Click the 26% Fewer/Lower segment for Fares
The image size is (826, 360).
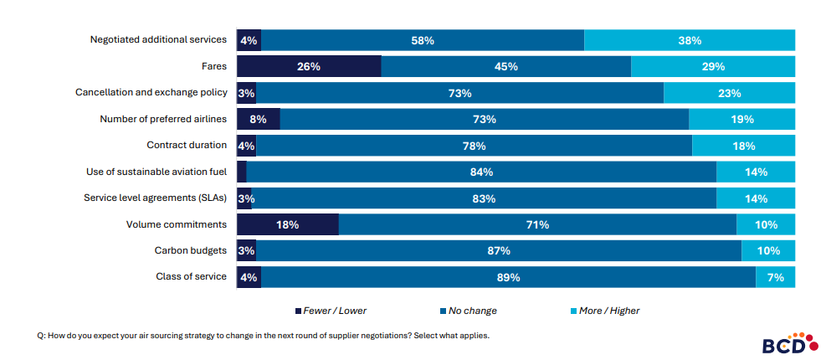point(309,66)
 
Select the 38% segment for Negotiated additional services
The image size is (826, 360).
point(690,39)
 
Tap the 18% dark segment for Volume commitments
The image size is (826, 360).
point(288,224)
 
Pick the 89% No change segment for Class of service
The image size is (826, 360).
point(508,277)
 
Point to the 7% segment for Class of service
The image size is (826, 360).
point(775,277)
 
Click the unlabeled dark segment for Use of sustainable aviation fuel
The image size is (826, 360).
point(242,172)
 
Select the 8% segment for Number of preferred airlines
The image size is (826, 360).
point(258,119)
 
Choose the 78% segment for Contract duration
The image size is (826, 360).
point(474,146)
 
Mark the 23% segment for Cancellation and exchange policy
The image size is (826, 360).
point(729,93)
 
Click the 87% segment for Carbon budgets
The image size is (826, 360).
point(499,250)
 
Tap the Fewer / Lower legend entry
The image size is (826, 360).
point(331,311)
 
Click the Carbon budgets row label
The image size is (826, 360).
point(190,250)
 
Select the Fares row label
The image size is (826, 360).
point(213,66)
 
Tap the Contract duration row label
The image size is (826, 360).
point(186,146)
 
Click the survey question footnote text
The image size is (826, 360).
point(263,335)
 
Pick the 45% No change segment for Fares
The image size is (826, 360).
point(505,66)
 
